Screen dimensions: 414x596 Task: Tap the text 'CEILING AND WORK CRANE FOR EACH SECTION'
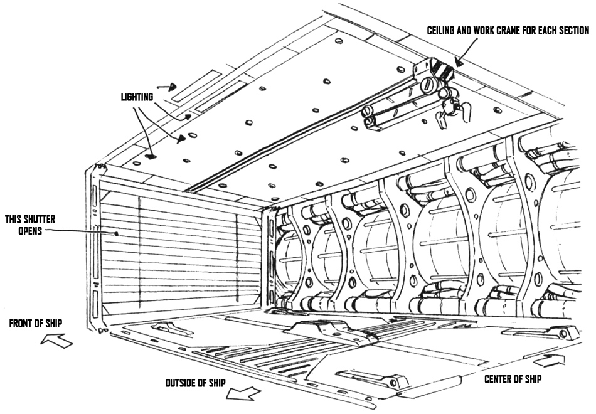click(508, 31)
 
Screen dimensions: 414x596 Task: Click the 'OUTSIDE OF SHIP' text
click(195, 383)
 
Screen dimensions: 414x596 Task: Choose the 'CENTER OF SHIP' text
click(513, 379)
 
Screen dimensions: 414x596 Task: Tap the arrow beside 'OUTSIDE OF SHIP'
click(243, 393)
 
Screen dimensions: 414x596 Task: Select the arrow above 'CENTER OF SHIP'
click(545, 361)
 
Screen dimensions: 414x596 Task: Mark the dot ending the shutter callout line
click(117, 234)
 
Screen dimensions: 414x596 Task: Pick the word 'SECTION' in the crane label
click(572, 31)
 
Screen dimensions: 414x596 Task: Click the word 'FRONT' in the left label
click(22, 324)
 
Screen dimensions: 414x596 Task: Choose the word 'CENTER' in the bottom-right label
click(500, 379)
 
